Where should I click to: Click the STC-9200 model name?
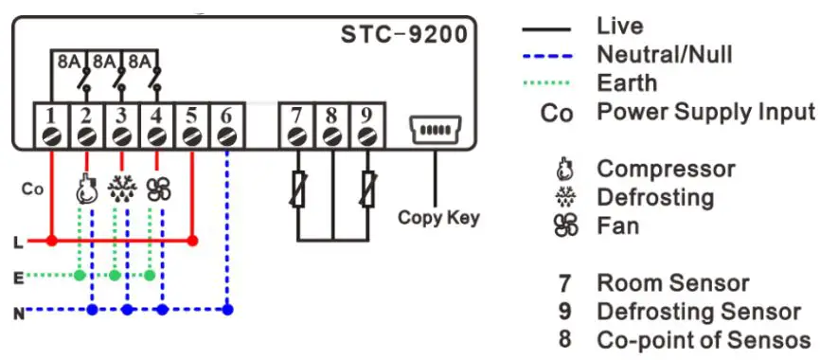pyautogui.click(x=403, y=37)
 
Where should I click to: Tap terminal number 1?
pyautogui.click(x=52, y=117)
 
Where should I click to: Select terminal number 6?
pyautogui.click(x=225, y=117)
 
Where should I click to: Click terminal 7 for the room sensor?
pyautogui.click(x=297, y=117)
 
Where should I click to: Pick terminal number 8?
pyautogui.click(x=331, y=117)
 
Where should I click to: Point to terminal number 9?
pyautogui.click(x=366, y=117)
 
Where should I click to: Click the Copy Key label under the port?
pyautogui.click(x=438, y=218)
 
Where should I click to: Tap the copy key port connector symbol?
pyautogui.click(x=435, y=129)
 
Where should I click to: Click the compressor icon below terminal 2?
pyautogui.click(x=87, y=189)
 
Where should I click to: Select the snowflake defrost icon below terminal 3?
pyautogui.click(x=122, y=189)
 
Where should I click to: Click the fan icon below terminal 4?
pyautogui.click(x=157, y=189)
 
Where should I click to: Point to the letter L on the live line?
pyautogui.click(x=18, y=243)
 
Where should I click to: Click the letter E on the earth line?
pyautogui.click(x=18, y=277)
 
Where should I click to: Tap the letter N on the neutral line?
pyautogui.click(x=18, y=311)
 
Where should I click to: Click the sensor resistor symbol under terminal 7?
pyautogui.click(x=297, y=189)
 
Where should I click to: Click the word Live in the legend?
pyautogui.click(x=619, y=26)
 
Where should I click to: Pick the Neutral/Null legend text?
pyautogui.click(x=664, y=54)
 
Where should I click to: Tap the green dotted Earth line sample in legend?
pyautogui.click(x=547, y=83)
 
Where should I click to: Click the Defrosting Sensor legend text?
pyautogui.click(x=698, y=312)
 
